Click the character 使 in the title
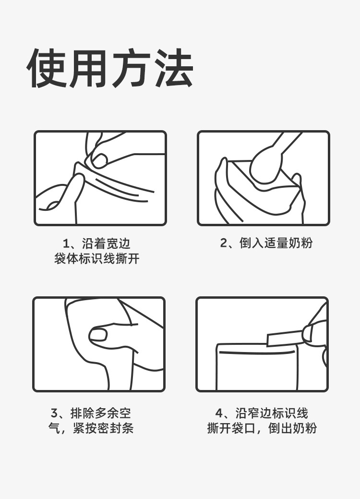pyautogui.click(x=47, y=68)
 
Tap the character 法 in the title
pyautogui.click(x=173, y=68)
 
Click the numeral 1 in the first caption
pyautogui.click(x=66, y=244)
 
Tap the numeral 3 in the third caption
pyautogui.click(x=54, y=414)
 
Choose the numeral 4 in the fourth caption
pyautogui.click(x=219, y=414)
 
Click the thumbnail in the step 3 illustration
pyautogui.click(x=97, y=334)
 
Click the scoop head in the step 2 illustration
pyautogui.click(x=265, y=167)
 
